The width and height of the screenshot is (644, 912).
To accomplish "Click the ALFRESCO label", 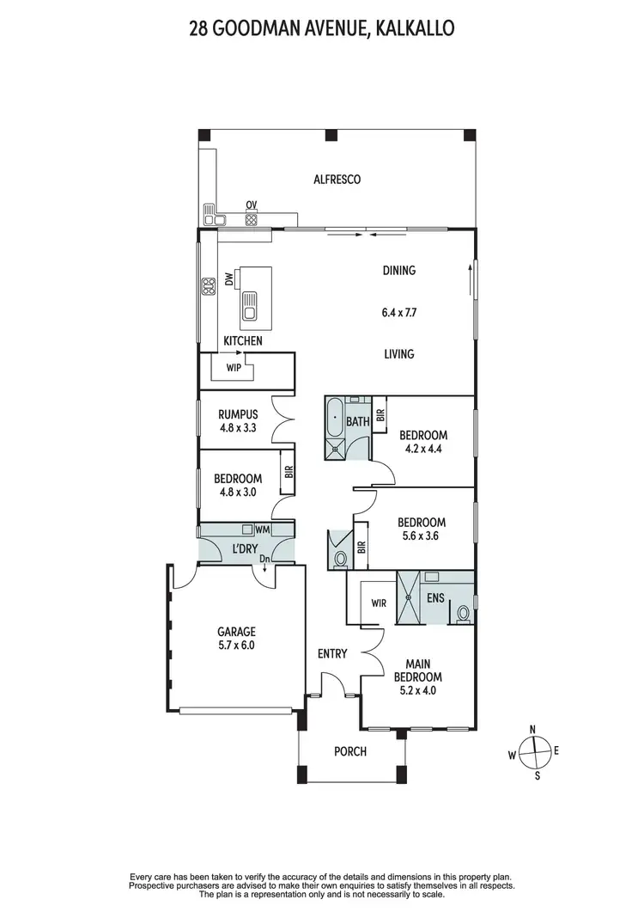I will coord(337,180).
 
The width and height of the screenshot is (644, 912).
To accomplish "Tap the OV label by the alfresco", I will coord(252,205).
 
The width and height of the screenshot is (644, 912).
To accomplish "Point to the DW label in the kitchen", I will coord(229,279).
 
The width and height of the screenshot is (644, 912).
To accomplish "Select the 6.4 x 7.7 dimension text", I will coord(398,314).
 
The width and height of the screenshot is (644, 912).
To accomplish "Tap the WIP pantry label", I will coord(233,367).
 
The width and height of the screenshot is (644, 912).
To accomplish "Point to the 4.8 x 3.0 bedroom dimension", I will coord(238,493).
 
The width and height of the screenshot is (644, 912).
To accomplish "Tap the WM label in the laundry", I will coord(262,531).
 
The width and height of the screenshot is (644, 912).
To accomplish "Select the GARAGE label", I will coord(236,632).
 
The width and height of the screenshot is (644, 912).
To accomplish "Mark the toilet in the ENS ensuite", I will coord(464,614).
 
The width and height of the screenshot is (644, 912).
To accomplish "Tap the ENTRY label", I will coord(332,654).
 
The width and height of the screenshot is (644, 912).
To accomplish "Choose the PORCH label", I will coord(349,751).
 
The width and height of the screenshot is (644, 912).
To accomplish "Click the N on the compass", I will coord(533,729).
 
